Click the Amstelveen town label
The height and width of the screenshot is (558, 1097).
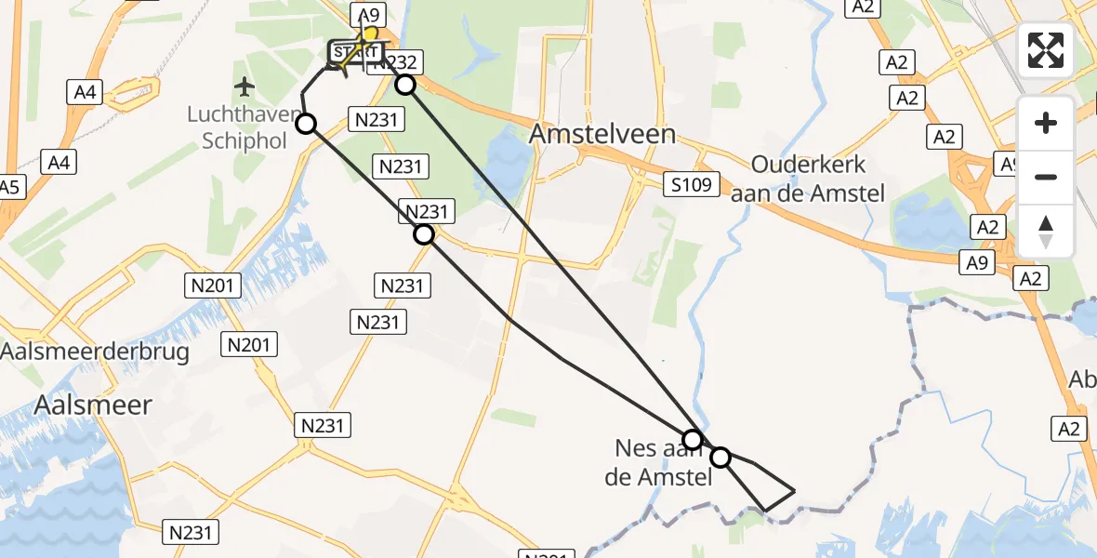click(602, 134)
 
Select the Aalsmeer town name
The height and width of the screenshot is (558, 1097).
click(93, 405)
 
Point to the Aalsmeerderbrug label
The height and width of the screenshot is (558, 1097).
click(95, 352)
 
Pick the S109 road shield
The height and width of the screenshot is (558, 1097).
click(693, 184)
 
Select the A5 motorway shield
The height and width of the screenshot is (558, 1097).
click(9, 187)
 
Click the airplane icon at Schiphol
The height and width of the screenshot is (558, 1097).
click(245, 87)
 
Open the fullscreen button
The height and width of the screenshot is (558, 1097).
click(1046, 50)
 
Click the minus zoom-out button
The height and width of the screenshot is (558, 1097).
click(1046, 177)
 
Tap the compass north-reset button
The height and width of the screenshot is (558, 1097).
click(1046, 232)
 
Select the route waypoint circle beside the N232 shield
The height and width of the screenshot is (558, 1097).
click(405, 86)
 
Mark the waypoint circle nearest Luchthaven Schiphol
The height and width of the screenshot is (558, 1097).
click(305, 123)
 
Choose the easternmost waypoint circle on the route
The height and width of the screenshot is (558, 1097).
click(720, 457)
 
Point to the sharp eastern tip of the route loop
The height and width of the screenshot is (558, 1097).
click(795, 489)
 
